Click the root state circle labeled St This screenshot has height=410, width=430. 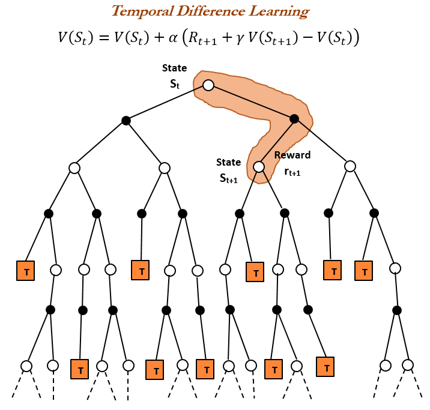(208, 85)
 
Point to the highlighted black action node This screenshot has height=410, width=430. (294, 119)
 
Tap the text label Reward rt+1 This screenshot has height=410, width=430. (292, 162)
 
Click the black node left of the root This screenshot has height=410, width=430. (126, 121)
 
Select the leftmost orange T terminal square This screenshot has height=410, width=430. (26, 271)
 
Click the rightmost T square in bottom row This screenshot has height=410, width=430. (326, 365)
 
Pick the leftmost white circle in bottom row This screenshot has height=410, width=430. (26, 366)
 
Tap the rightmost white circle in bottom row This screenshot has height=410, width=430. (408, 365)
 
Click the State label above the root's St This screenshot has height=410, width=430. (175, 68)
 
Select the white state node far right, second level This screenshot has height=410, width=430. (350, 166)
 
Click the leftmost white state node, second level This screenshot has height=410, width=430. (74, 168)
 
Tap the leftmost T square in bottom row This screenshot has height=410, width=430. (79, 368)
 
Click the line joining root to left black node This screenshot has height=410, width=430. (167, 103)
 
